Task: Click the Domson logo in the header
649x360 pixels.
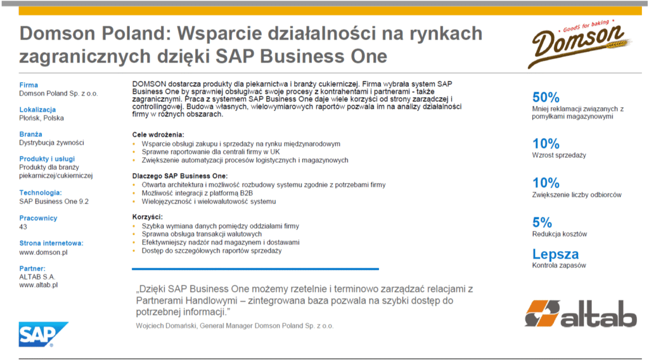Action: (579, 44)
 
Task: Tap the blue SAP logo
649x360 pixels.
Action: (43, 335)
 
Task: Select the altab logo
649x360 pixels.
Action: (581, 313)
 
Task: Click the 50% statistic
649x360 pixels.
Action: (546, 97)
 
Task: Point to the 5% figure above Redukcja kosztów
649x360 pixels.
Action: (542, 222)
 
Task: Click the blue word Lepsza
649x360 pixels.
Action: (555, 254)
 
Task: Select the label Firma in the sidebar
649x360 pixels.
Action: (29, 85)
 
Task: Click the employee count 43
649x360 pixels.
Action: (23, 227)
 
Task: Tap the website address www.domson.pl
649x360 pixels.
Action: (43, 252)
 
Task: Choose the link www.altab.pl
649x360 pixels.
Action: (39, 285)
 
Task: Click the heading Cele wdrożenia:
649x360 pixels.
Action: (158, 134)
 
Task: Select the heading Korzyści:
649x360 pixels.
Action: (147, 217)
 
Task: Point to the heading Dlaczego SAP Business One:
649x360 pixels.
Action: (179, 176)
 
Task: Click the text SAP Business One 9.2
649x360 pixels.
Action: (54, 202)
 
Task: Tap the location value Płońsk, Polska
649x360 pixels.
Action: (41, 118)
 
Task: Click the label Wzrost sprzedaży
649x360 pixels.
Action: (559, 155)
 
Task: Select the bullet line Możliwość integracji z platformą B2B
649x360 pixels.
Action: (197, 193)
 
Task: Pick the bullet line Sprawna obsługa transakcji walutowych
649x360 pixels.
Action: (202, 235)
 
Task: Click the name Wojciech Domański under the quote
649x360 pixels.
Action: (166, 326)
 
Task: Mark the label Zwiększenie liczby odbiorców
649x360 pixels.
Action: (577, 195)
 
